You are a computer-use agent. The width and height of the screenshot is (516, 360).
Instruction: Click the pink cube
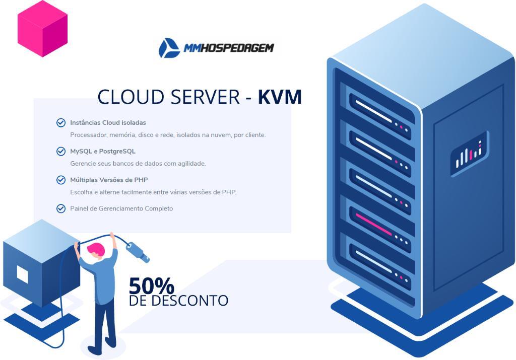pyautogui.click(x=42, y=29)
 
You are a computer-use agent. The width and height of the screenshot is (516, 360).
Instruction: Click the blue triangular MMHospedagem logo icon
pyautogui.click(x=169, y=48)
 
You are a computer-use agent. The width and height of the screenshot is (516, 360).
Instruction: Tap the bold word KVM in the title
pyautogui.click(x=280, y=97)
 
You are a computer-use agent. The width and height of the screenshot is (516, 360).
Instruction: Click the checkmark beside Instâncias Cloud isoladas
pyautogui.click(x=61, y=123)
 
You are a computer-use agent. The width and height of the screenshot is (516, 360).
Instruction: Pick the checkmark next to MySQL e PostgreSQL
pyautogui.click(x=61, y=151)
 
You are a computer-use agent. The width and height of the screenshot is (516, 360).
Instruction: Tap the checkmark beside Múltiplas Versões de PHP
pyautogui.click(x=61, y=180)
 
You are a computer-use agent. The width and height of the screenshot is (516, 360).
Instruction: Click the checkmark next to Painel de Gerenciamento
pyautogui.click(x=61, y=208)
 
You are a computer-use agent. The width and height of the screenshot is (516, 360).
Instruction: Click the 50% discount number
pyautogui.click(x=151, y=285)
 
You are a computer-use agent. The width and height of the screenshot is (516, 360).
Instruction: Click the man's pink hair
pyautogui.click(x=96, y=249)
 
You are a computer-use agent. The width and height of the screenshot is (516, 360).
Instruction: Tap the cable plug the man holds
pyautogui.click(x=138, y=252)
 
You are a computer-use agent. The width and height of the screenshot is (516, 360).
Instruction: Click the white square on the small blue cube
pyautogui.click(x=22, y=274)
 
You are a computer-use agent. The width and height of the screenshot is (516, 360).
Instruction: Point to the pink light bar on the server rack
pyautogui.click(x=373, y=224)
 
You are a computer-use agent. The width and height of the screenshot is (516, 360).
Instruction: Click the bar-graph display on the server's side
pyautogui.click(x=469, y=154)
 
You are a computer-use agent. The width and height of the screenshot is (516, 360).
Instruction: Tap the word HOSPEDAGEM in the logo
pyautogui.click(x=237, y=48)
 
